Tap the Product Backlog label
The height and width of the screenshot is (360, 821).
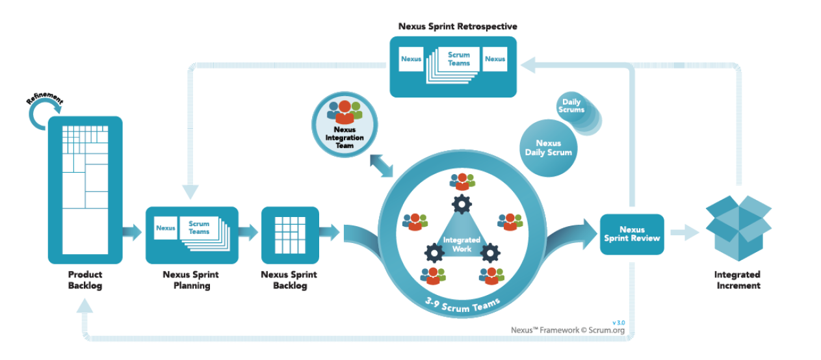point(85,280)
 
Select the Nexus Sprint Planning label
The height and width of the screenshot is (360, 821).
point(190,280)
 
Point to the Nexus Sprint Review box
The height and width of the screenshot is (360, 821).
point(632,234)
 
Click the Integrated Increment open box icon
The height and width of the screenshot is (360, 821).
point(738,227)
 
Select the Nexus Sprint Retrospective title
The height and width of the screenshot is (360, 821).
point(458,27)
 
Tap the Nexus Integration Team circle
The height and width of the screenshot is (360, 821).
point(345,125)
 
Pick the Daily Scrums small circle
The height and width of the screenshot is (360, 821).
point(571,107)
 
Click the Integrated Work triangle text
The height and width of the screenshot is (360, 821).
point(462,244)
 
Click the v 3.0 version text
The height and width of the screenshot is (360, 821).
point(619,322)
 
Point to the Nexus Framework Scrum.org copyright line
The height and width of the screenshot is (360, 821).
point(567,330)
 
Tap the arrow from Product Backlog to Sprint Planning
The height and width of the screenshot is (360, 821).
point(133,232)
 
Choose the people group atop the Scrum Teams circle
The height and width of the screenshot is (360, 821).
point(462,181)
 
